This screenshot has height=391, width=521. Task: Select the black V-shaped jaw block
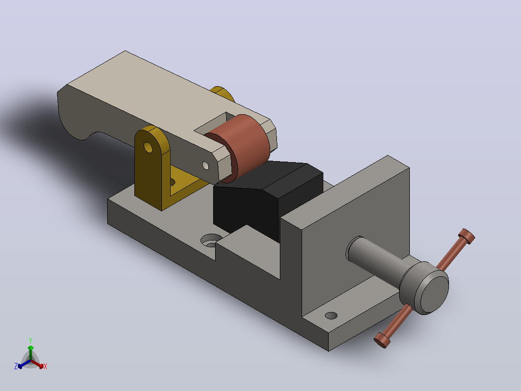266,200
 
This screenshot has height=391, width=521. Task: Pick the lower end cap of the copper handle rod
382,340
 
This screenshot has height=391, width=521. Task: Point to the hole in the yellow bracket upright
148,147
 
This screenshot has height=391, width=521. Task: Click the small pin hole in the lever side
205,165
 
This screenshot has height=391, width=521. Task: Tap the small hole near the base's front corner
331,315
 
